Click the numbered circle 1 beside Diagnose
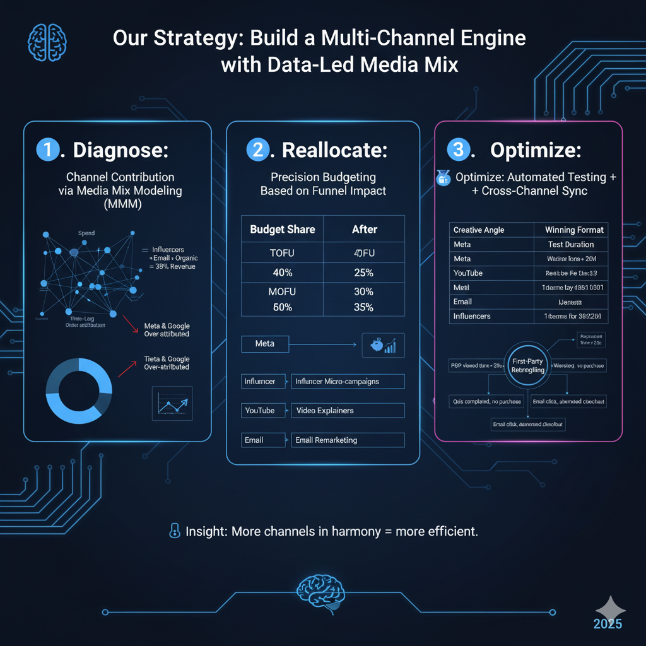click(x=48, y=150)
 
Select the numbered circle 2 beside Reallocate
click(x=257, y=150)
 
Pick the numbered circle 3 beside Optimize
click(x=458, y=150)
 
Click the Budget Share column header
click(x=282, y=230)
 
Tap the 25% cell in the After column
click(x=363, y=273)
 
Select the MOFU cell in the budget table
click(x=282, y=291)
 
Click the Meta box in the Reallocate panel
click(x=265, y=344)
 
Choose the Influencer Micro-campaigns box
click(x=347, y=381)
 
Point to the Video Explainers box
click(x=347, y=411)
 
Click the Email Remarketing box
click(x=347, y=440)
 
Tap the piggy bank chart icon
click(x=383, y=345)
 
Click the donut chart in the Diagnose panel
click(x=79, y=389)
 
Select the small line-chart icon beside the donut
click(x=172, y=403)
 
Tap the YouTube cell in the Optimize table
click(x=468, y=273)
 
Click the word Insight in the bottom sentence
click(x=206, y=531)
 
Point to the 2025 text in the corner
click(x=607, y=624)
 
